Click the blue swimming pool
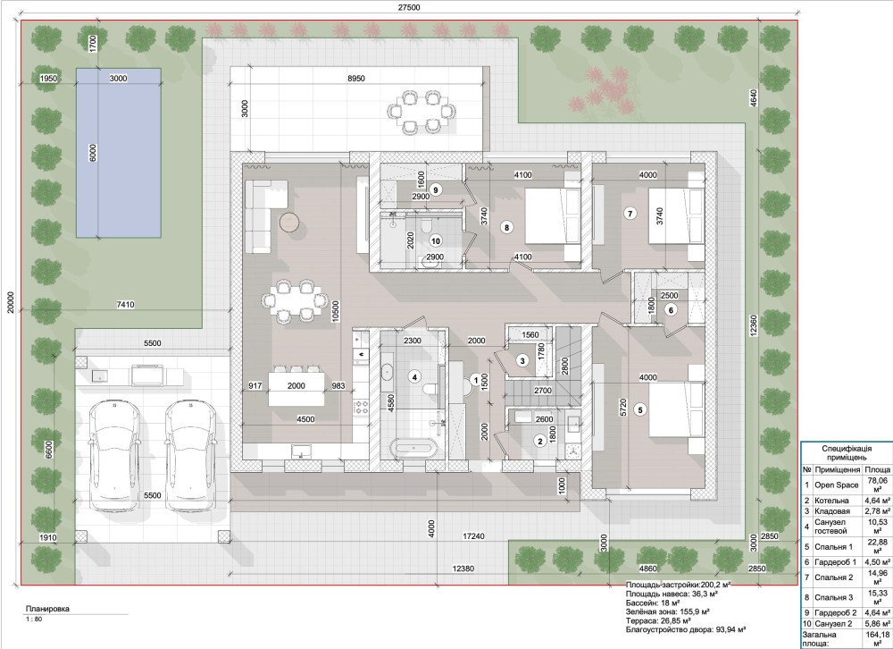click(x=119, y=153)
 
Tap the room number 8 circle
click(x=507, y=227)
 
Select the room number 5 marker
click(x=640, y=409)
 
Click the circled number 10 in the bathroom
click(x=436, y=240)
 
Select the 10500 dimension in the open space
click(x=336, y=313)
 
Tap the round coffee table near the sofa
click(x=290, y=222)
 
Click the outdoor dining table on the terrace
click(x=421, y=111)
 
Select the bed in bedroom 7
click(x=676, y=215)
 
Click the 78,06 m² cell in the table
click(x=878, y=485)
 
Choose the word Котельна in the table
click(x=831, y=501)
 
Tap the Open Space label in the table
click(x=836, y=485)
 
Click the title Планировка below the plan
click(x=48, y=609)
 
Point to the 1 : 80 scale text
click(x=34, y=619)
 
